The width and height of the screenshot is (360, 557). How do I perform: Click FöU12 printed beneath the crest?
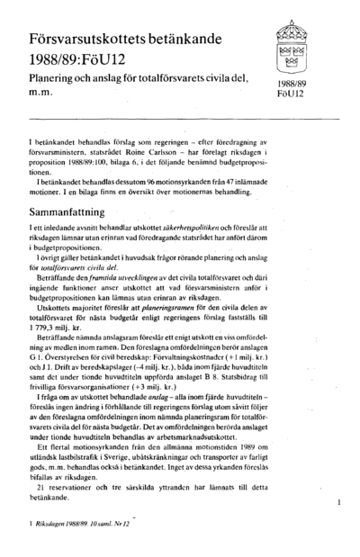click(x=292, y=94)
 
